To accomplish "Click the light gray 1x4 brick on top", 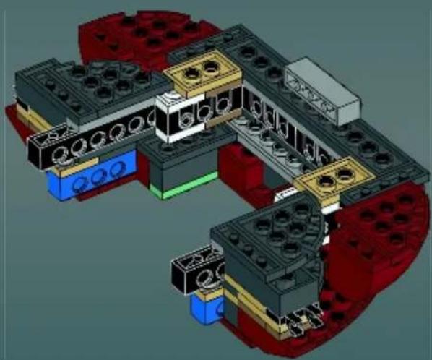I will (322, 92).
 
